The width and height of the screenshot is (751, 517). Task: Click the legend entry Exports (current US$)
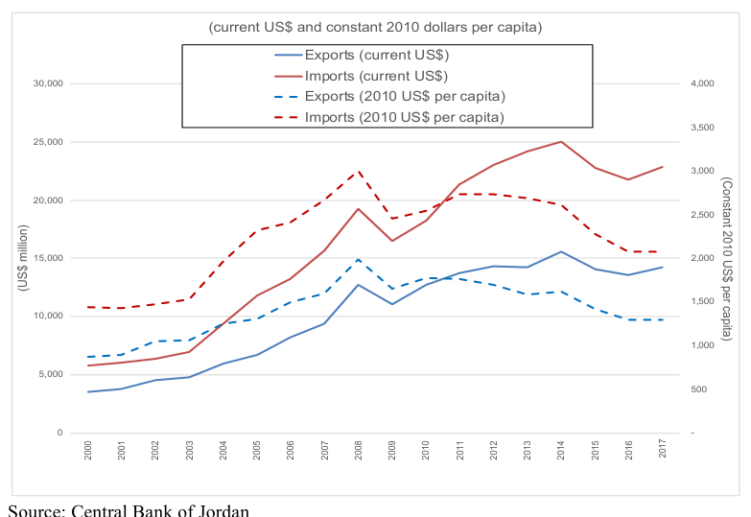tap(362, 55)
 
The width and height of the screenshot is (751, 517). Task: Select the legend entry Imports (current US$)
tap(362, 76)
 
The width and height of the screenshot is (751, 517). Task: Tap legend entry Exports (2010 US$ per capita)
tap(389, 96)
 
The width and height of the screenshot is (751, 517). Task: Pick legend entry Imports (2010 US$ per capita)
tap(389, 117)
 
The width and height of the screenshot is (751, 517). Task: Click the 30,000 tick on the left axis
tap(48, 83)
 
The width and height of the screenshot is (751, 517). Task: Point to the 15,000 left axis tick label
tap(48, 258)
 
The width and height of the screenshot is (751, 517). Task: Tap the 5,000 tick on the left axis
tap(51, 374)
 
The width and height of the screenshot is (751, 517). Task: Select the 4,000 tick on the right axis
tap(702, 83)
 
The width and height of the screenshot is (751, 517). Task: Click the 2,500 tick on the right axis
tap(702, 215)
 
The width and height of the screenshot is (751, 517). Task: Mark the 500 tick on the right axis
tap(699, 389)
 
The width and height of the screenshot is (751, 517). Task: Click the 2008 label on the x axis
tap(359, 451)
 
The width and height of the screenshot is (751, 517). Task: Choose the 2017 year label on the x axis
tap(663, 449)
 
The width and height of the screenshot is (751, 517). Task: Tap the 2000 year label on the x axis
tap(87, 451)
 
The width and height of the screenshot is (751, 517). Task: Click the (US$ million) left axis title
tap(23, 258)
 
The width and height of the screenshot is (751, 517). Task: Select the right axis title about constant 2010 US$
tap(727, 259)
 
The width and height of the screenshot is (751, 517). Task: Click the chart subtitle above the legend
tap(375, 27)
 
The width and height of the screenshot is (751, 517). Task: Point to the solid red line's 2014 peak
tap(561, 141)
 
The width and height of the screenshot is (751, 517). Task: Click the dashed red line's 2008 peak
tap(358, 171)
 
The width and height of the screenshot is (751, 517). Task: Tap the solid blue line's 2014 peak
tap(561, 251)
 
